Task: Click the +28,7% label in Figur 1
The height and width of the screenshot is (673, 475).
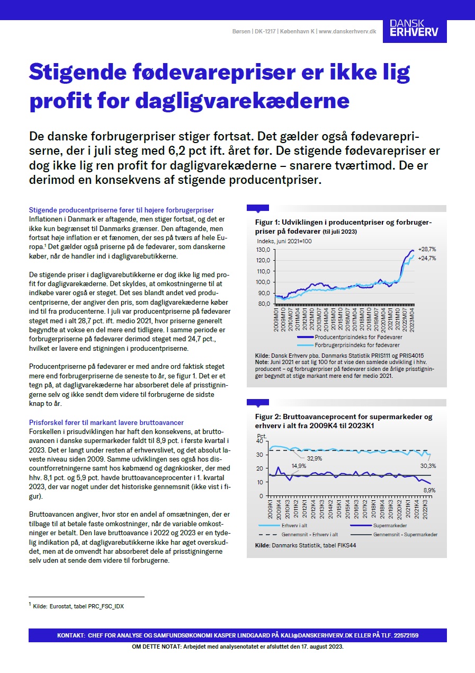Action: (x=426, y=249)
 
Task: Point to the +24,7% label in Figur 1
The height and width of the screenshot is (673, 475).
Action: (x=426, y=258)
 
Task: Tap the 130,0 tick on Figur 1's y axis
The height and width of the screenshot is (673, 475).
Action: (x=263, y=249)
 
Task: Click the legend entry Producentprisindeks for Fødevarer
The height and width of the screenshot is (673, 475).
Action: (x=358, y=336)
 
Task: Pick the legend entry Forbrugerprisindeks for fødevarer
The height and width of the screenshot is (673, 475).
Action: (x=357, y=344)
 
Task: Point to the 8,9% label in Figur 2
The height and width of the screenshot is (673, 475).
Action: (x=428, y=491)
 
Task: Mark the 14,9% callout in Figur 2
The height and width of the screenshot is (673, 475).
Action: (x=298, y=466)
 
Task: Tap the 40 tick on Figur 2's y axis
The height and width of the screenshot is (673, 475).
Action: (x=259, y=440)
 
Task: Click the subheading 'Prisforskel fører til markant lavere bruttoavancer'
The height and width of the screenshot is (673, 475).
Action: (x=106, y=422)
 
